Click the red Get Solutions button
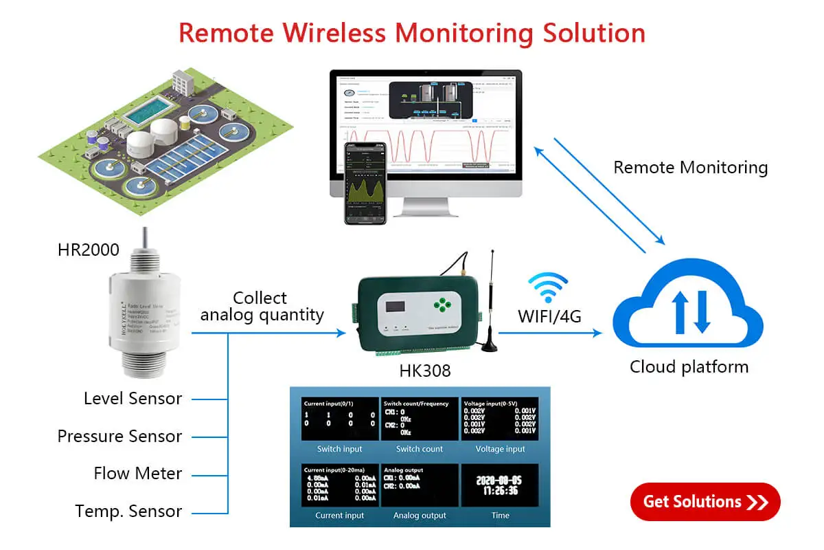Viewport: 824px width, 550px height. click(705, 502)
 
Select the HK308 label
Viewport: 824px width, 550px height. click(425, 371)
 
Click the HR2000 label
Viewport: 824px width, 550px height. click(89, 250)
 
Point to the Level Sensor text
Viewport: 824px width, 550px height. click(133, 398)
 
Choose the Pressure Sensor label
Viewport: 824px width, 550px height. click(119, 436)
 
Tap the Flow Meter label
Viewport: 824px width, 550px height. click(138, 473)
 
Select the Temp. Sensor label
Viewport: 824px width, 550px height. click(128, 511)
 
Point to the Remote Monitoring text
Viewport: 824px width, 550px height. click(690, 167)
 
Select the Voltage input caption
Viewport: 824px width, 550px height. click(500, 449)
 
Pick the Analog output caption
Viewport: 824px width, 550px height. click(420, 515)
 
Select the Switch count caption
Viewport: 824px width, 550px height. click(420, 449)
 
